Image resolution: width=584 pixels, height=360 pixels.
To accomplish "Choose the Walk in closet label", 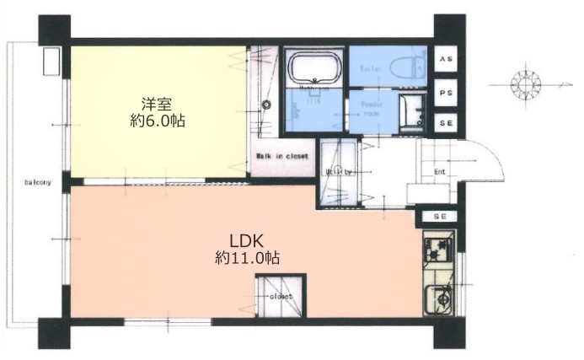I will (281, 157).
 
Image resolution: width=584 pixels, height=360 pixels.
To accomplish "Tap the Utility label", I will (339, 172).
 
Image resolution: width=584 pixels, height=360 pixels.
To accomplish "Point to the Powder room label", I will (372, 107).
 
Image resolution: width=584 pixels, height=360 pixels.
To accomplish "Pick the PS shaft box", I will (444, 91).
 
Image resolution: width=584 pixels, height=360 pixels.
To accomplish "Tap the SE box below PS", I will (444, 123).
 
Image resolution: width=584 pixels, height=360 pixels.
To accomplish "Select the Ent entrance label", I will (439, 174).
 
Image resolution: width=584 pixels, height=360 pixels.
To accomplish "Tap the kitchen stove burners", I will (437, 250).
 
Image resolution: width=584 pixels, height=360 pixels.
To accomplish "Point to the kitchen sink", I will (440, 299).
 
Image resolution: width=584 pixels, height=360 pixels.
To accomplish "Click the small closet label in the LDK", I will (281, 296).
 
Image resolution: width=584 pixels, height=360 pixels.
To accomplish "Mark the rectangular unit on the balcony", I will (50, 62).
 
